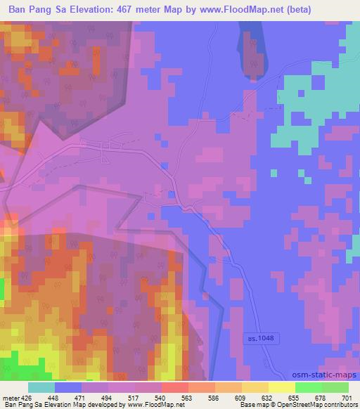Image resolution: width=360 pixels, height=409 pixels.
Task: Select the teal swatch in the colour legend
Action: tap(41, 387)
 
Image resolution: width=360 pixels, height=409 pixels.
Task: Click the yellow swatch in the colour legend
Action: tap(281, 387)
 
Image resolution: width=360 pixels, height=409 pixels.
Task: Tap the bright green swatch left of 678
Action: tap(307, 387)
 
